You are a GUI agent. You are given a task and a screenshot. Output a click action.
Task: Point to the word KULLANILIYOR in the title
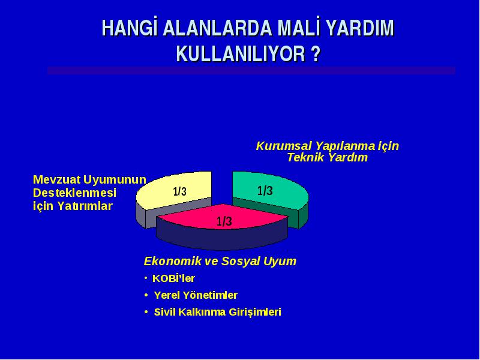(x=241, y=54)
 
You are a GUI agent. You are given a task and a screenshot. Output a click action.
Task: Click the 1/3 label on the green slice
(x=265, y=191)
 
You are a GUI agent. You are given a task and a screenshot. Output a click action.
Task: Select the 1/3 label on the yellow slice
(x=179, y=191)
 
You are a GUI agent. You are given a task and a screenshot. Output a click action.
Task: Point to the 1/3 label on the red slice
(x=224, y=221)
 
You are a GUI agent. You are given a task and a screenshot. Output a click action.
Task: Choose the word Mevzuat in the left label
(x=56, y=179)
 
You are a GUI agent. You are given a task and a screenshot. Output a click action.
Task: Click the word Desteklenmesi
(x=74, y=193)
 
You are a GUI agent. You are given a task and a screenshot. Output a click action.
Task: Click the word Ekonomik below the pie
(x=173, y=261)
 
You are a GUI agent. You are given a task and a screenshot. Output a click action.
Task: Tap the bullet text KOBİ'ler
(x=173, y=278)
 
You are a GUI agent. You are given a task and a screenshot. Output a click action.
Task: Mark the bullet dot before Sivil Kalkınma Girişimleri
(x=146, y=312)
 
